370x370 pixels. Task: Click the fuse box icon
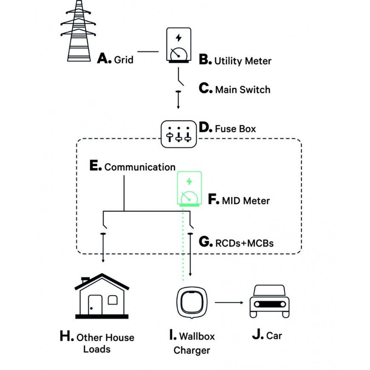[x=179, y=134]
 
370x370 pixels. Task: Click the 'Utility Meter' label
[x=242, y=61]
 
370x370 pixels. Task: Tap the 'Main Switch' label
[x=242, y=90]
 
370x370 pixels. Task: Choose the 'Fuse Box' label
[x=235, y=128]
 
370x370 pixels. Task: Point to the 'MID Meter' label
[x=245, y=200]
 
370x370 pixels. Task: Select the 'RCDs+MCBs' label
[x=244, y=243]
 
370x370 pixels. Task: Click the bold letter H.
[x=67, y=336]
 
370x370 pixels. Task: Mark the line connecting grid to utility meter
[x=148, y=52]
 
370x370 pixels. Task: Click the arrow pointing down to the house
[x=102, y=251]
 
